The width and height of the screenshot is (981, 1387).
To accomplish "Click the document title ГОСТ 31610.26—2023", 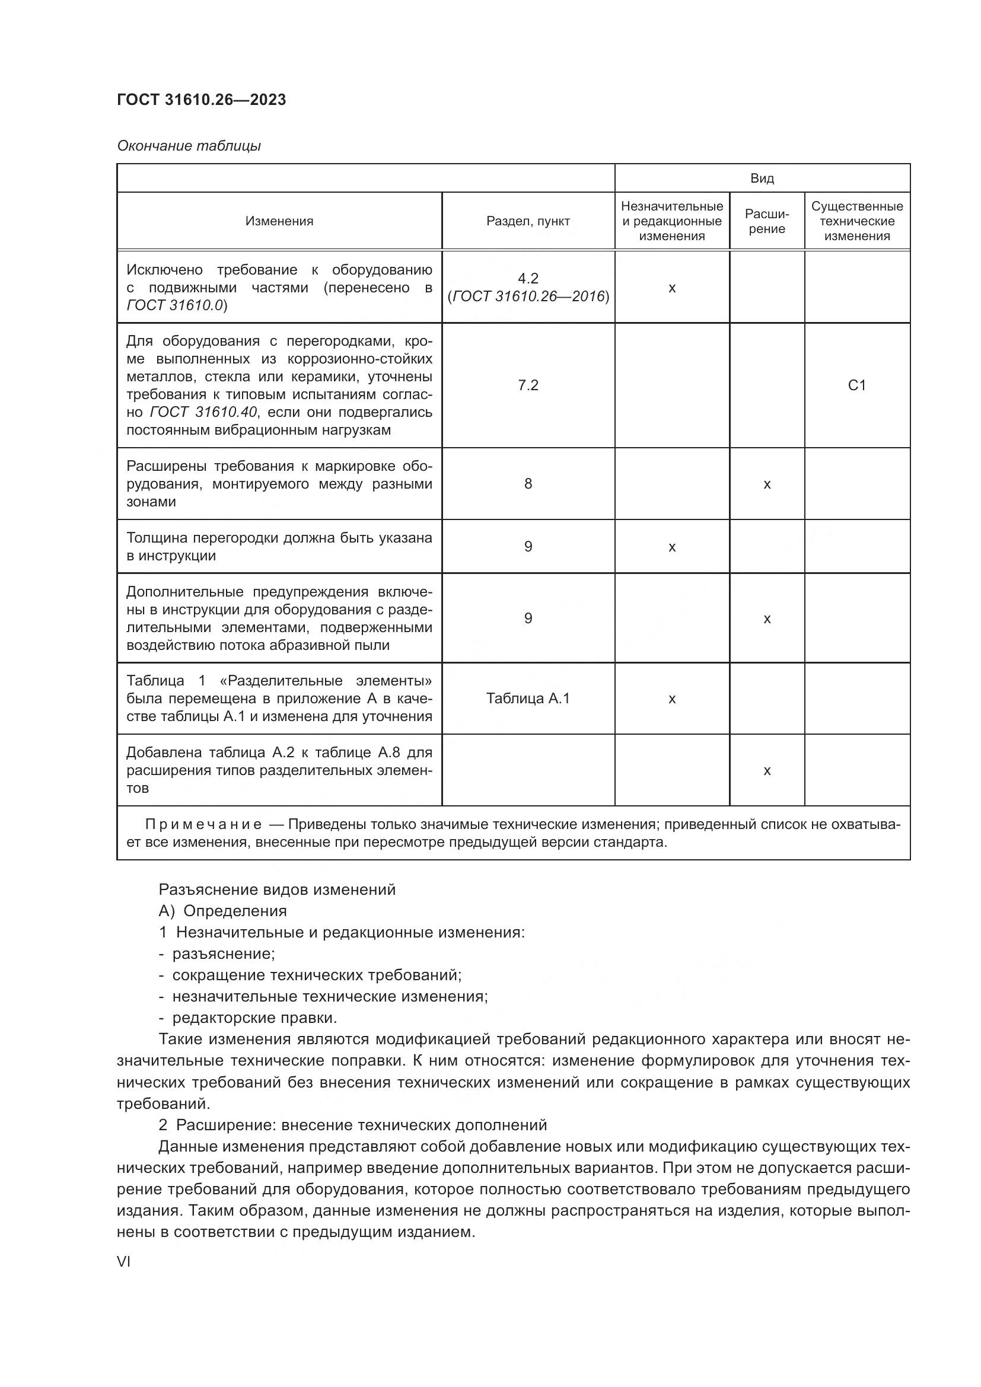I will click(201, 100).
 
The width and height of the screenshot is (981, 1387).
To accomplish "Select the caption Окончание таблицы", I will click(189, 146).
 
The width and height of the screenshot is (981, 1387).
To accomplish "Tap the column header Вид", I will click(762, 178).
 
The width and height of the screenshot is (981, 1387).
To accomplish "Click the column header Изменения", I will click(279, 221).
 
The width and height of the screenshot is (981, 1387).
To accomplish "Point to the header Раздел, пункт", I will click(528, 221).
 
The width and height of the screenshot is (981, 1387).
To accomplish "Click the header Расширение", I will click(766, 221).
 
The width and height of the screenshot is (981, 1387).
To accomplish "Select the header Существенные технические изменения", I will click(856, 221).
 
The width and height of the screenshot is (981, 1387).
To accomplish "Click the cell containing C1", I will click(856, 385).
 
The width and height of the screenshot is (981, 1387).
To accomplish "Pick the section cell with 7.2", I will click(528, 385).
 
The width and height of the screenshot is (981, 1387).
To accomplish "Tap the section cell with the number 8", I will click(528, 484).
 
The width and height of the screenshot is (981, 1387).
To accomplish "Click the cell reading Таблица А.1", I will click(528, 699).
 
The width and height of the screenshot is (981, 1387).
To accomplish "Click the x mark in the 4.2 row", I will click(672, 288).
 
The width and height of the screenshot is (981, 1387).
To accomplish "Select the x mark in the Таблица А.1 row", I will click(672, 699).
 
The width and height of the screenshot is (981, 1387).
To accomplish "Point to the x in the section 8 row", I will click(766, 484).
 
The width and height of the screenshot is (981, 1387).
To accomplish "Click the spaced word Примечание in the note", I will click(203, 825).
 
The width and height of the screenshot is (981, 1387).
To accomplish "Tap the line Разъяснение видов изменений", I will click(276, 890).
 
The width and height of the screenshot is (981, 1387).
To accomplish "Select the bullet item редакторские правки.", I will click(254, 1018).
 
